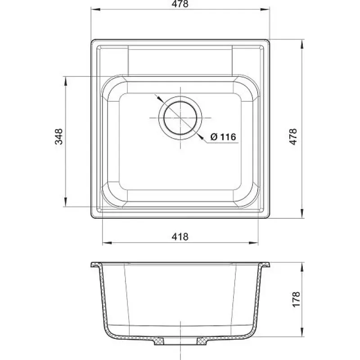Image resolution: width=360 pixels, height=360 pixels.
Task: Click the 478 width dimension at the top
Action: (x=180, y=4)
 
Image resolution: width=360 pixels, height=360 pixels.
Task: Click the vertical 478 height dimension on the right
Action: (x=293, y=137)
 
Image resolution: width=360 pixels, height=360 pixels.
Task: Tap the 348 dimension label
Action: (x=59, y=136)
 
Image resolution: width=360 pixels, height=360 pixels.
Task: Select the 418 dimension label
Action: (x=180, y=237)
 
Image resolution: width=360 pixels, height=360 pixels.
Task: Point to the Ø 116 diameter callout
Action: (x=223, y=137)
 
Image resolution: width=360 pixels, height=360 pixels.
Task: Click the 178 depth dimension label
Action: (x=296, y=299)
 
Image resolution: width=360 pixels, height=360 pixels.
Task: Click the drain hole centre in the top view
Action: (x=180, y=118)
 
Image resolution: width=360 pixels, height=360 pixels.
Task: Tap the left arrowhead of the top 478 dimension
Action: (x=96, y=9)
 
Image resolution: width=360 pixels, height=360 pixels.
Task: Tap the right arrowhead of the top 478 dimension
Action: (x=265, y=9)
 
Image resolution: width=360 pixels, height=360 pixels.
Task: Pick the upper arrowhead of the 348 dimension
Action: (x=66, y=81)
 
